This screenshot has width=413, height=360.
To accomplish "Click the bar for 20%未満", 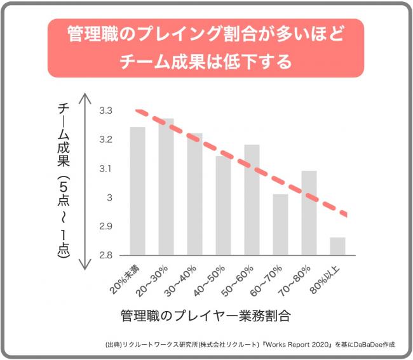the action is click(x=137, y=191).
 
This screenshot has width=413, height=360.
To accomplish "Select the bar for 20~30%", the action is click(x=166, y=187).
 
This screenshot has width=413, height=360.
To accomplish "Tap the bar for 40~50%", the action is click(x=224, y=206).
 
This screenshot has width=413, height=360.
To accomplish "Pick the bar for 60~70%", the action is click(x=280, y=225).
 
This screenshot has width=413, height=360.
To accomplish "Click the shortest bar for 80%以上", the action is click(x=337, y=246).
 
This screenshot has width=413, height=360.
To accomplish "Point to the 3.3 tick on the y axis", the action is click(x=105, y=110).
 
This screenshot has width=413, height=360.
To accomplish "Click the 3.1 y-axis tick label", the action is click(x=105, y=168).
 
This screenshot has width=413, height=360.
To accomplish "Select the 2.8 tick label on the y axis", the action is click(x=105, y=255).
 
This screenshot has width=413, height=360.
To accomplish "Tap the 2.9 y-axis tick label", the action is click(x=105, y=226).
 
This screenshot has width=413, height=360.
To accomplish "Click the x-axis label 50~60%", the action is click(x=238, y=281).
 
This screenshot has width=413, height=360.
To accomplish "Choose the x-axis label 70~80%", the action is click(x=294, y=281).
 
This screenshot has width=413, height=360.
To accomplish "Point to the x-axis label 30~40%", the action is click(x=180, y=281).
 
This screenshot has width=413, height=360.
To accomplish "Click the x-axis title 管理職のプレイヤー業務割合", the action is click(x=206, y=316).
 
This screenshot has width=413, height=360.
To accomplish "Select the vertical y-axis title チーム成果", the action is click(x=64, y=135).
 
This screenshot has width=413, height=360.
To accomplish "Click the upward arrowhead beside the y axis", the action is click(x=85, y=98).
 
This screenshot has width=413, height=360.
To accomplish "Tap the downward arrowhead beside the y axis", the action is click(x=85, y=264).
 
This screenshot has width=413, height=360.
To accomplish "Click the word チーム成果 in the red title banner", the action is click(x=163, y=62).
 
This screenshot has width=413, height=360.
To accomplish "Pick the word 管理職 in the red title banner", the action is click(x=93, y=34).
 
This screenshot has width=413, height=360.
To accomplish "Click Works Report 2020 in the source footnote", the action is click(x=297, y=345).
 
